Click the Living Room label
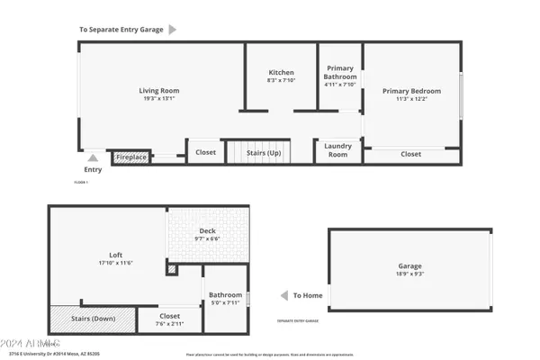pos(158,90)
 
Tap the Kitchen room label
pos(282,73)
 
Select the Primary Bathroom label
pos(340,73)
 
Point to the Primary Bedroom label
pos(411,91)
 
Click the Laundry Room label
pos(337,150)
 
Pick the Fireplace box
pos(131,157)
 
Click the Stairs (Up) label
pos(264,153)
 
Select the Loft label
pos(116,255)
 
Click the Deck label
pos(208,231)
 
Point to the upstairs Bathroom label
pos(225,295)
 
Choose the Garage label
pos(409,266)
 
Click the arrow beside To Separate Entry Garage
pos(173,29)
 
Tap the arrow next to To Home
pos(283,294)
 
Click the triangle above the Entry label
pos(93,158)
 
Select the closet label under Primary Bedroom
pos(410,154)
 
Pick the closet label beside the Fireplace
pos(205,152)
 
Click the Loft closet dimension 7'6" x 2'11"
pos(170,324)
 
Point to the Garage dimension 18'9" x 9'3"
pos(409,274)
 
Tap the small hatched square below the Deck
pos(172,268)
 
